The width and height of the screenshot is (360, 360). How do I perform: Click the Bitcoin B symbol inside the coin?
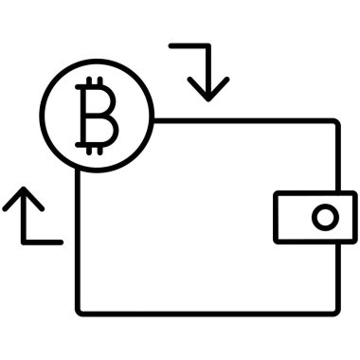coord(97,117)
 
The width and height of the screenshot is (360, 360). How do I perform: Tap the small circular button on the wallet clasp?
coord(325,217)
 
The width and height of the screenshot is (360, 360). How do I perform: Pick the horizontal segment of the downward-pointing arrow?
coord(187,45)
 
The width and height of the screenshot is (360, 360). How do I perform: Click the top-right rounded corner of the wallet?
coord(334,123)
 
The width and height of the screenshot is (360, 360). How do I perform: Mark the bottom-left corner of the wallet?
coord(80,311)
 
